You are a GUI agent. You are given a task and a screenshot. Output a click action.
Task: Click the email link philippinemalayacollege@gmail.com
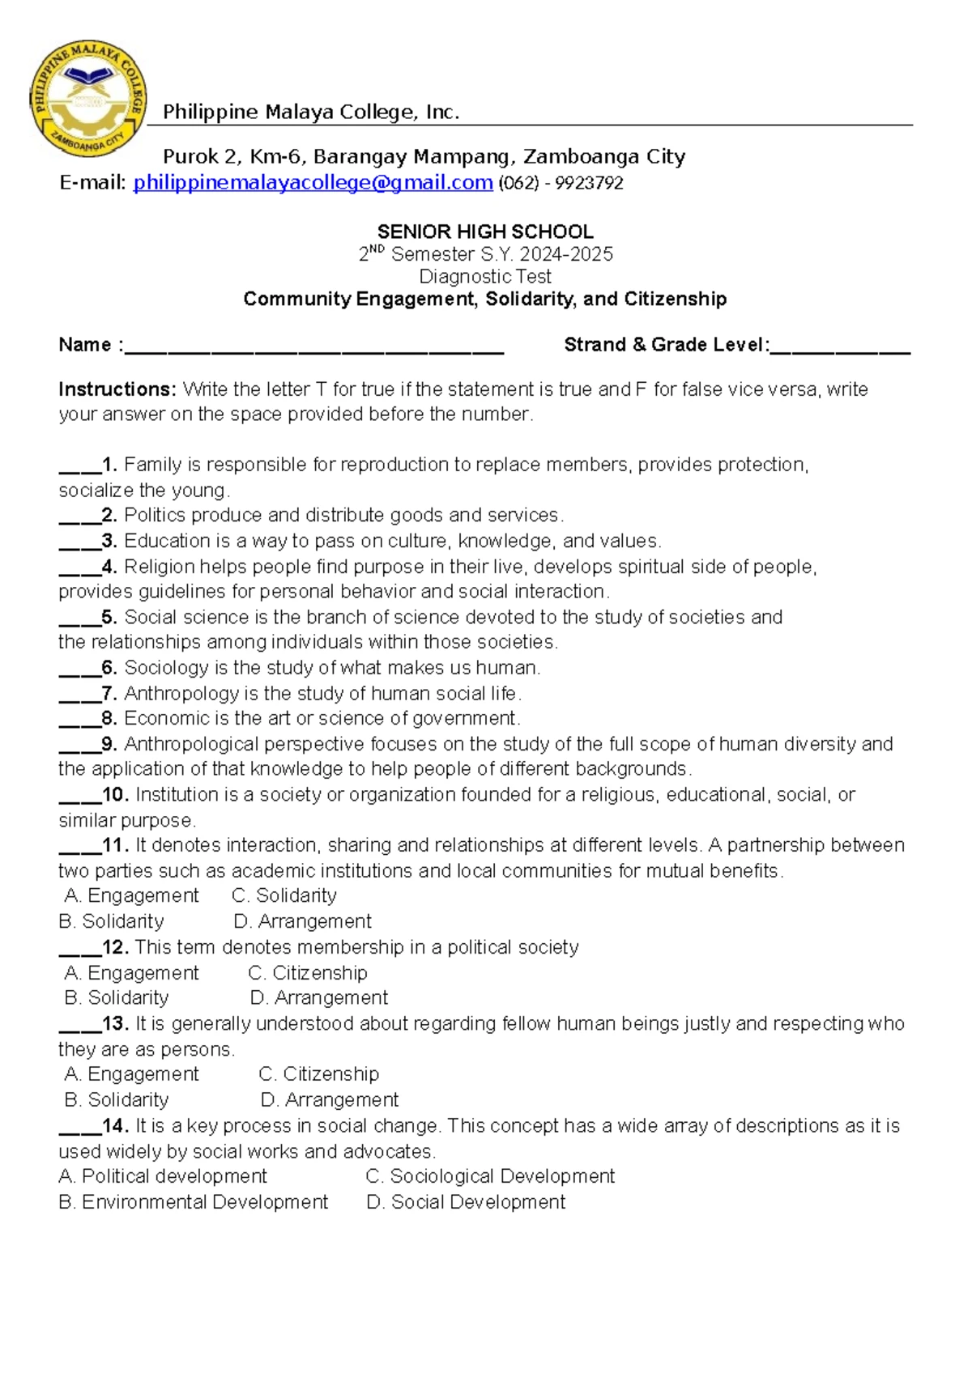click(x=313, y=183)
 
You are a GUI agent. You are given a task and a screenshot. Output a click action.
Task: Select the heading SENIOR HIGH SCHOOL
click(x=485, y=232)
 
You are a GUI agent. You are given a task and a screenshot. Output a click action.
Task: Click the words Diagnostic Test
click(x=485, y=277)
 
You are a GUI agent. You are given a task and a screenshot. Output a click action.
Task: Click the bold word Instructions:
click(x=117, y=389)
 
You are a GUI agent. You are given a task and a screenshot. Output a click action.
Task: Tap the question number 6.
click(x=109, y=668)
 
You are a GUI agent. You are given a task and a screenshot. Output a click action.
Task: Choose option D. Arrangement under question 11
click(x=302, y=921)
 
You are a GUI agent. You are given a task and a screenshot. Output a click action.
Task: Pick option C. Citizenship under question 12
click(x=308, y=972)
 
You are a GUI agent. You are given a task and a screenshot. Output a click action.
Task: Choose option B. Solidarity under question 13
click(x=117, y=1100)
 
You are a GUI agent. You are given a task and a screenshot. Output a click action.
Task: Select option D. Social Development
click(x=466, y=1202)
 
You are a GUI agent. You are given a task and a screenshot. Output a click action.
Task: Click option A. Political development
click(x=163, y=1176)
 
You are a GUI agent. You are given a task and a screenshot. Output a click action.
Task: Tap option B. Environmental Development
click(x=194, y=1202)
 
